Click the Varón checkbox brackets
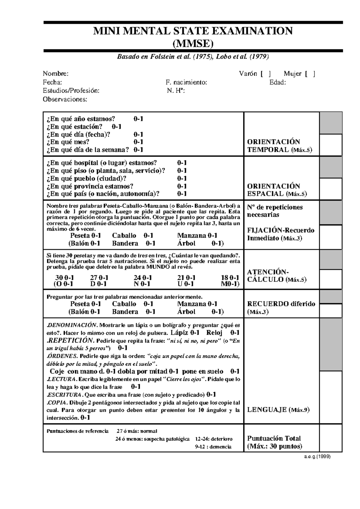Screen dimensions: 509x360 266,74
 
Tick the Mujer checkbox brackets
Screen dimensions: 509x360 310,74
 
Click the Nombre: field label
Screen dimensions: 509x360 55,74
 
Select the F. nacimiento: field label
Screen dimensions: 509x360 186,82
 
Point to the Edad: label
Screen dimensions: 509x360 277,82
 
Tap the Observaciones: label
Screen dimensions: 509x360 65,99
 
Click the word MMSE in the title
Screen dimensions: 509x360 193,44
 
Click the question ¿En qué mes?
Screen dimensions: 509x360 68,142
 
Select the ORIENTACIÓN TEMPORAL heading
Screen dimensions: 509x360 280,146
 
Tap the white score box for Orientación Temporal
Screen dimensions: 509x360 331,145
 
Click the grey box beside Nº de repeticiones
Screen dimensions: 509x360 331,213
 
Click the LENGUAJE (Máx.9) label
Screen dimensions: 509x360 278,410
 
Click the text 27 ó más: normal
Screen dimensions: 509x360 137,431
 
